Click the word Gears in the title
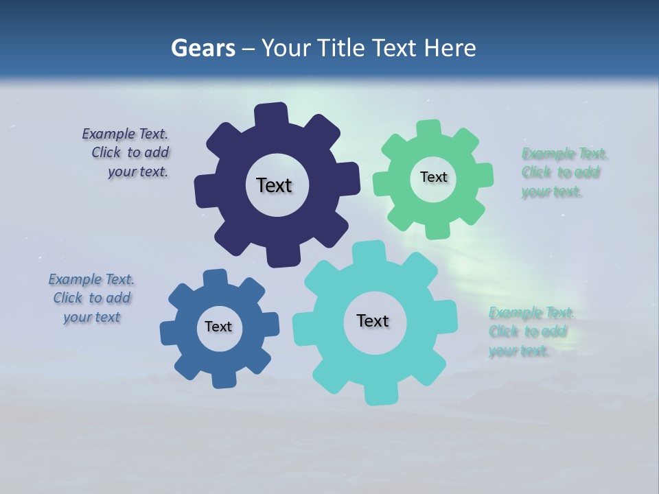(203, 48)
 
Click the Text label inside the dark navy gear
(274, 185)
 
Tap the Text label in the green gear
(433, 177)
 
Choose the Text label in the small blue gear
(218, 327)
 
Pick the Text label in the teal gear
(373, 320)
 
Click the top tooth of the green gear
(429, 128)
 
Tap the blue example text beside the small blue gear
(92, 298)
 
